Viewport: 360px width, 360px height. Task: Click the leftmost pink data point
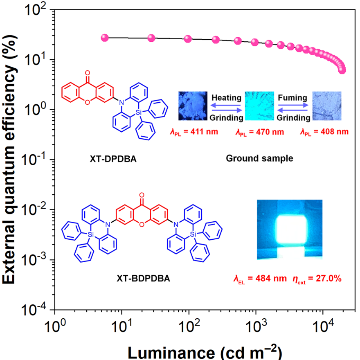104,38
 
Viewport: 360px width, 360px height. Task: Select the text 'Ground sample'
259,158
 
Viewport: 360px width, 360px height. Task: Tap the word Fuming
292,98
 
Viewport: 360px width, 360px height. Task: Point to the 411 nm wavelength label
194,132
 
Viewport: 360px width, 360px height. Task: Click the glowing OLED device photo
290,229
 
